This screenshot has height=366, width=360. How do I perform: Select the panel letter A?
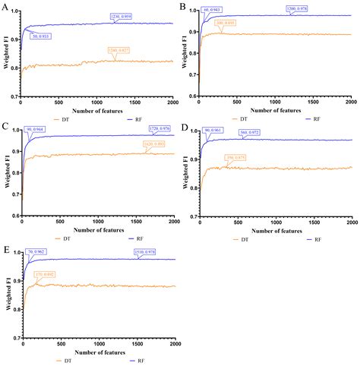(5, 7)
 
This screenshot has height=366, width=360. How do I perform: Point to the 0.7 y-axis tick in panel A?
(14, 97)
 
